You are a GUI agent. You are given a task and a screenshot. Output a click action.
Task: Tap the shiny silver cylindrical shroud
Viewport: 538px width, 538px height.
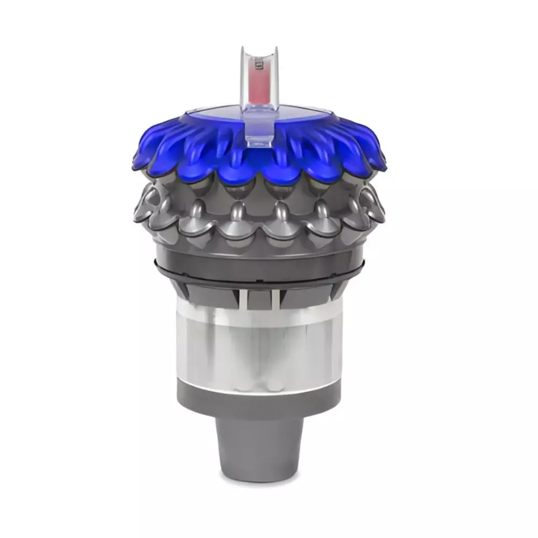[x=258, y=344]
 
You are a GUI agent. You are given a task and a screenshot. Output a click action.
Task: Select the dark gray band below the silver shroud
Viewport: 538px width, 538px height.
[x=258, y=401]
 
